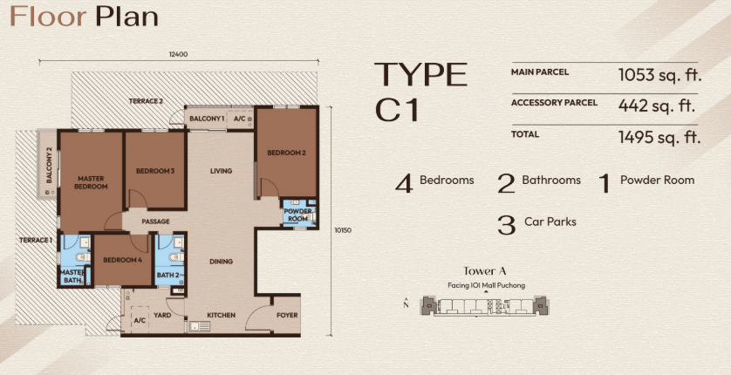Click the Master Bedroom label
click(91, 182)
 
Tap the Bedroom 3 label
click(155, 171)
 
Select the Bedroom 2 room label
click(286, 153)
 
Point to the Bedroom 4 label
click(123, 260)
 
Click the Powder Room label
click(298, 215)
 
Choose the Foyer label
click(287, 316)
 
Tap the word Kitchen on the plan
click(221, 316)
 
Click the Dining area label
click(221, 262)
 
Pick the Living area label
click(221, 171)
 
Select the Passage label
click(155, 222)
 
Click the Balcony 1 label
click(207, 119)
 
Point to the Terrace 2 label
click(146, 101)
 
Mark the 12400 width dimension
click(179, 54)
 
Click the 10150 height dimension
click(343, 230)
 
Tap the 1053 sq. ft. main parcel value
click(659, 74)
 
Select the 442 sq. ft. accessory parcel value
click(656, 106)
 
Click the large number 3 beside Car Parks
click(506, 224)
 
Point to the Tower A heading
click(485, 271)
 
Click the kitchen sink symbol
click(200, 326)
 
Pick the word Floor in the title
click(49, 17)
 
